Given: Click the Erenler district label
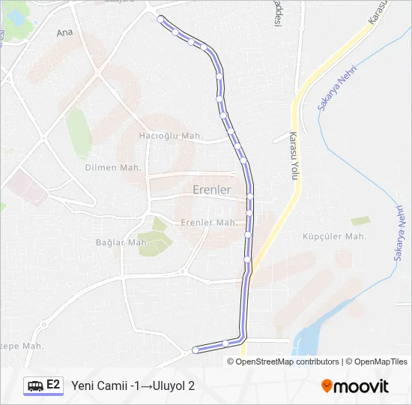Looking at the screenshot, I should point(212,190).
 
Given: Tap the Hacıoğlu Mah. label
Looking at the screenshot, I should point(172,136).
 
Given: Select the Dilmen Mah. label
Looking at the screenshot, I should point(112,167).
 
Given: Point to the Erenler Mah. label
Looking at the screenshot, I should point(209,223).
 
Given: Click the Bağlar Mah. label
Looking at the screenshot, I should point(122,242).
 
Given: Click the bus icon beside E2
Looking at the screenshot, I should point(34,385).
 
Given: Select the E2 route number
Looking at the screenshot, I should point(54,385).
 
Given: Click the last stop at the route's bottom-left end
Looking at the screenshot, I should point(196,349).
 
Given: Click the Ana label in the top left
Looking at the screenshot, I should point(65,33).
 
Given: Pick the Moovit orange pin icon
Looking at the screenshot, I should point(327,386).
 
